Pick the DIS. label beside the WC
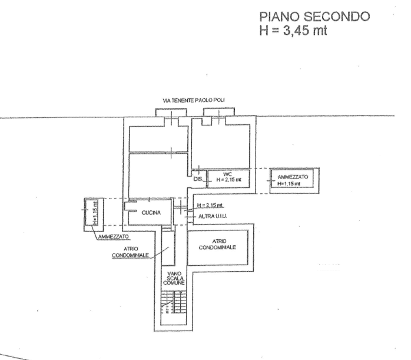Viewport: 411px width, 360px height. coord(198,179)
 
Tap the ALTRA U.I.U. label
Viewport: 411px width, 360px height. coord(213,216)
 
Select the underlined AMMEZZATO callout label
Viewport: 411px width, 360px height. coord(118,236)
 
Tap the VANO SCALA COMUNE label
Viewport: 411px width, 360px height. coord(175,278)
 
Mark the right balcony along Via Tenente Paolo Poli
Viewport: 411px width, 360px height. coord(219,112)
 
